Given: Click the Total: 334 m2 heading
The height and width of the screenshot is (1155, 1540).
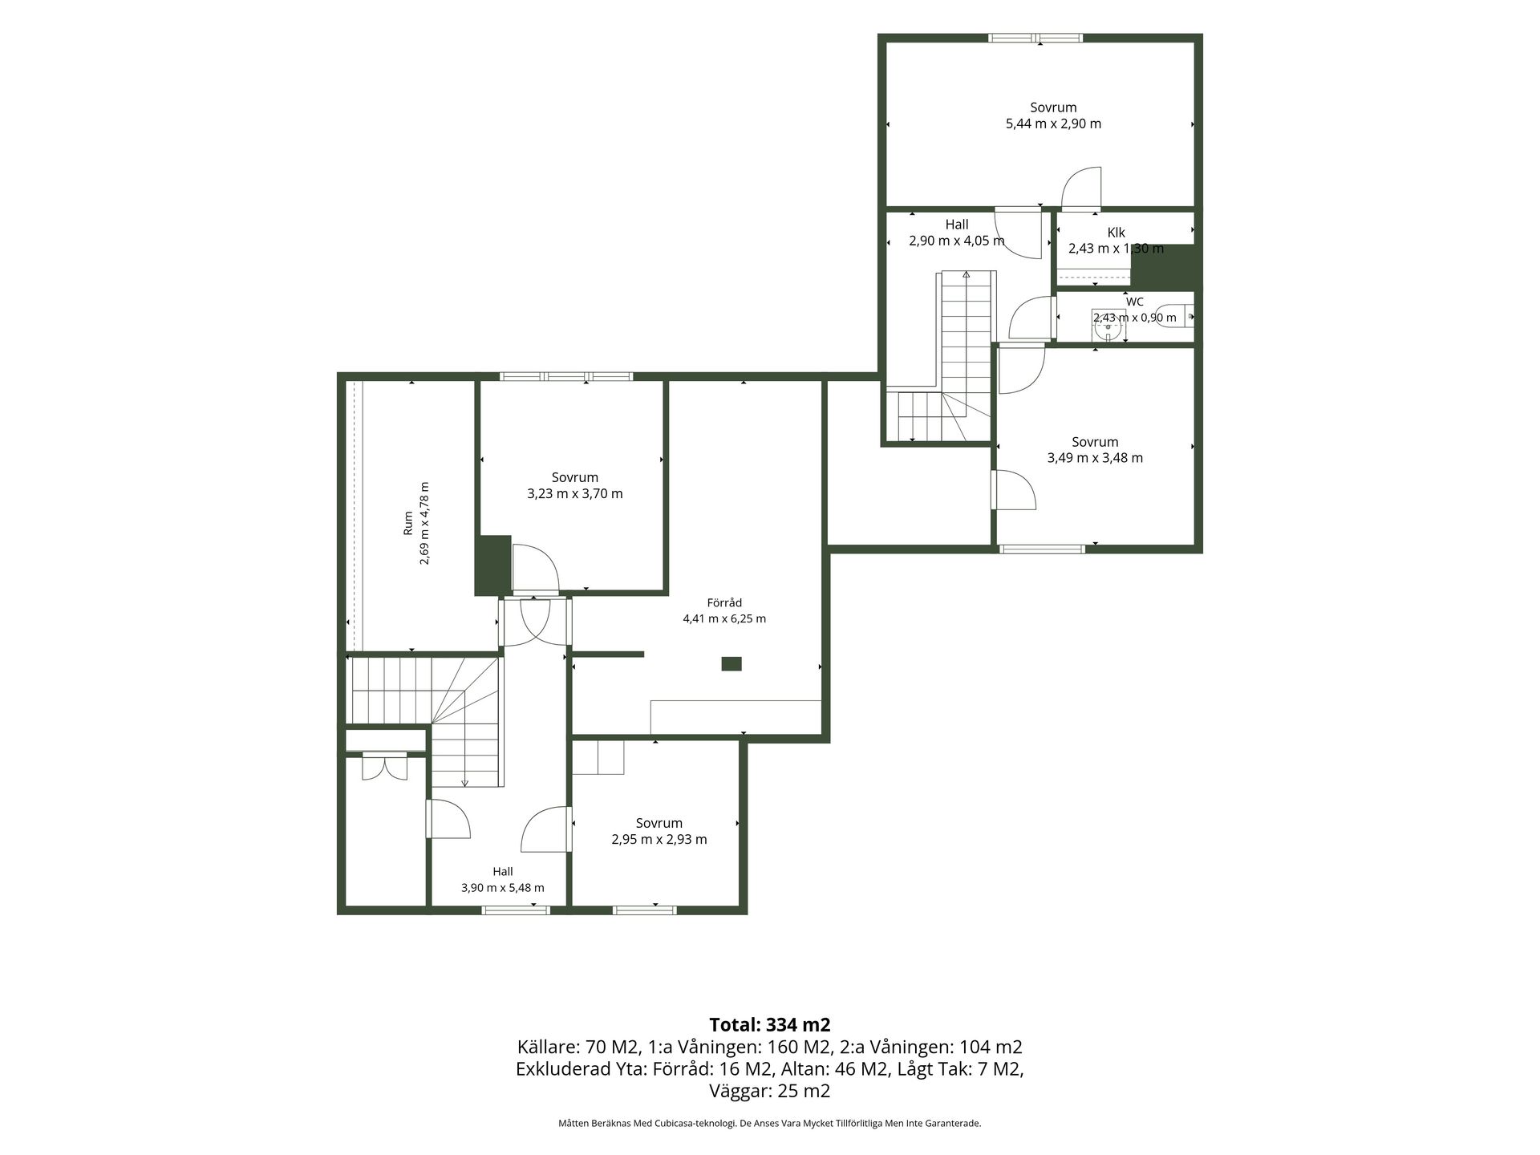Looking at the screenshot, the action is click(x=770, y=1024).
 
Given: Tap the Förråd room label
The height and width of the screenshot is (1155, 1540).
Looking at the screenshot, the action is click(x=724, y=603).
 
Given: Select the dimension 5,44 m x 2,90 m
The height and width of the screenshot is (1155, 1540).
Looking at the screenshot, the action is click(x=1053, y=124).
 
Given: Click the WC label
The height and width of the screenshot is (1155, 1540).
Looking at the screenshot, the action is click(x=1135, y=302).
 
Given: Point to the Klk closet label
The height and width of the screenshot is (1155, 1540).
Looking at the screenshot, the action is click(x=1116, y=233).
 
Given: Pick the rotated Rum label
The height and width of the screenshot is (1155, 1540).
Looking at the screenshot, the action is click(x=407, y=523).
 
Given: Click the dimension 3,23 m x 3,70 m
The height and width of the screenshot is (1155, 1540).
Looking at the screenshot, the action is click(x=575, y=493).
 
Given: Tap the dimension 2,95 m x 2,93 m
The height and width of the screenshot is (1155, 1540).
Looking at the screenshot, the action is click(x=659, y=839).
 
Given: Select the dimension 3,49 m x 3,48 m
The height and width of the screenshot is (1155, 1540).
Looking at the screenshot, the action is click(x=1095, y=458).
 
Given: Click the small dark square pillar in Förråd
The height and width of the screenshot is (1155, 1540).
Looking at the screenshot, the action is click(x=731, y=663).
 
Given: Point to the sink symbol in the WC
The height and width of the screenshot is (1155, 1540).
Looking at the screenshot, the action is click(x=1108, y=325).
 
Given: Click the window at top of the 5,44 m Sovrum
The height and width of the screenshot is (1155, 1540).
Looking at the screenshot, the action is click(x=1035, y=38).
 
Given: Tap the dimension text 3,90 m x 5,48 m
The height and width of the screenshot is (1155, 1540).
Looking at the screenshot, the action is click(x=503, y=888).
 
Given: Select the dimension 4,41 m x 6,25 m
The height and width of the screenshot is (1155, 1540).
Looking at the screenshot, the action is click(x=724, y=618).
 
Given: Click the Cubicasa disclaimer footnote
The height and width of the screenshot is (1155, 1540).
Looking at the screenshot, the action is click(x=770, y=1124).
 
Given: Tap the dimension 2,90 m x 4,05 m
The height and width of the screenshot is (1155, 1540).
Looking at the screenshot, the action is click(x=957, y=241).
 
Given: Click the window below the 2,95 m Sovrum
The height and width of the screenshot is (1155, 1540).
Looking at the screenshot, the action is click(x=645, y=910).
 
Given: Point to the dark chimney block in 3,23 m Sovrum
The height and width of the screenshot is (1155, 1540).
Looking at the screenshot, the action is click(x=492, y=565).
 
